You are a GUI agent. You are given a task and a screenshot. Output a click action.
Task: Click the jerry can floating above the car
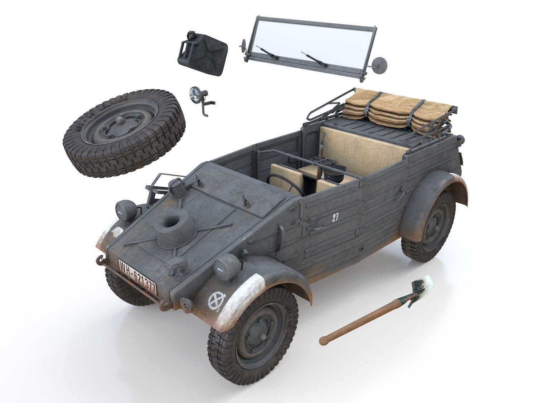(x=202, y=53)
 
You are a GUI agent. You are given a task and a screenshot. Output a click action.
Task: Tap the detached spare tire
(x=124, y=133)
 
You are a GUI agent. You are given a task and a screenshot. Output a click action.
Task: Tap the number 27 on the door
(x=335, y=217)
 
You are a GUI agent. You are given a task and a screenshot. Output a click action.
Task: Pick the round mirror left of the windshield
(x=243, y=45)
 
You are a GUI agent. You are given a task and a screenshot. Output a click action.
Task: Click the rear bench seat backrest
(x=362, y=147)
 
